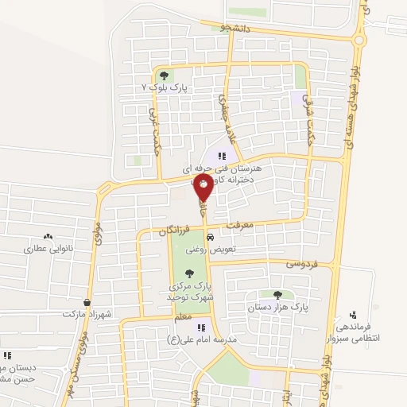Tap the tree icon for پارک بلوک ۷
pyautogui.click(x=165, y=76)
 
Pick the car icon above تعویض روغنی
pyautogui.click(x=208, y=238)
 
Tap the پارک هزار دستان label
pyautogui.click(x=277, y=306)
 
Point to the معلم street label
pyautogui.click(x=182, y=317)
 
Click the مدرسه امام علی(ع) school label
pyautogui.click(x=214, y=339)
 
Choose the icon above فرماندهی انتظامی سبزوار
pyautogui.click(x=352, y=315)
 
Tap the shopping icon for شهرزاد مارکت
pyautogui.click(x=87, y=303)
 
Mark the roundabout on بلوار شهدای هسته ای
pyautogui.click(x=359, y=39)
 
